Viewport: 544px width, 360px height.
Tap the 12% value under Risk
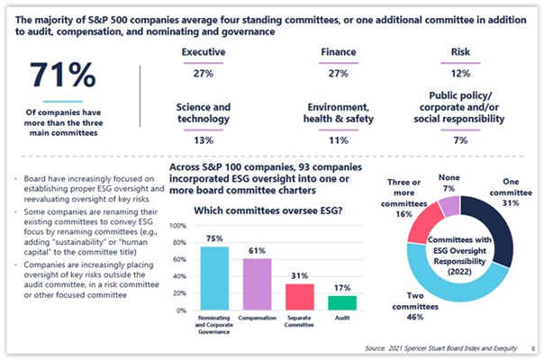click(x=460, y=71)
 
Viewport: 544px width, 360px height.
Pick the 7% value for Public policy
click(x=460, y=141)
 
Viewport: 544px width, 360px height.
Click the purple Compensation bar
click(x=257, y=285)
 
